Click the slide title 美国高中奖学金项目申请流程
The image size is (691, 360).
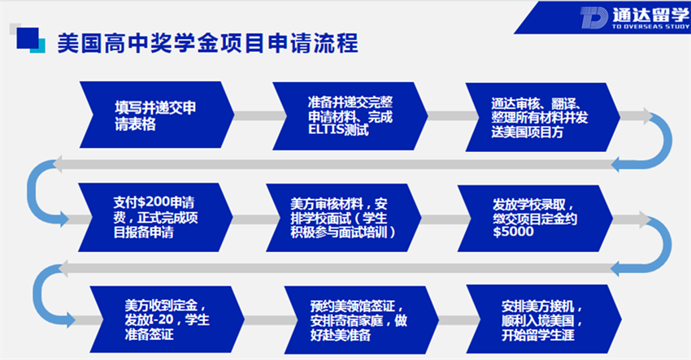pos(207,44)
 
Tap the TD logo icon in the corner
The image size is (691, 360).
pos(594,18)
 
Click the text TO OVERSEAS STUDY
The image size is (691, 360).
pos(650,27)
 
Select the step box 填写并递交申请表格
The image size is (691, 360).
pos(156,115)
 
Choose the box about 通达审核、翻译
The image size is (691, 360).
pos(542,117)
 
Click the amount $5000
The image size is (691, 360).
pos(513,232)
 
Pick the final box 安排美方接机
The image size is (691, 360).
pos(544,319)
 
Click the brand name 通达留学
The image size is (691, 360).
pos(650,15)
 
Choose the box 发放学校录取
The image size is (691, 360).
pos(535,219)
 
